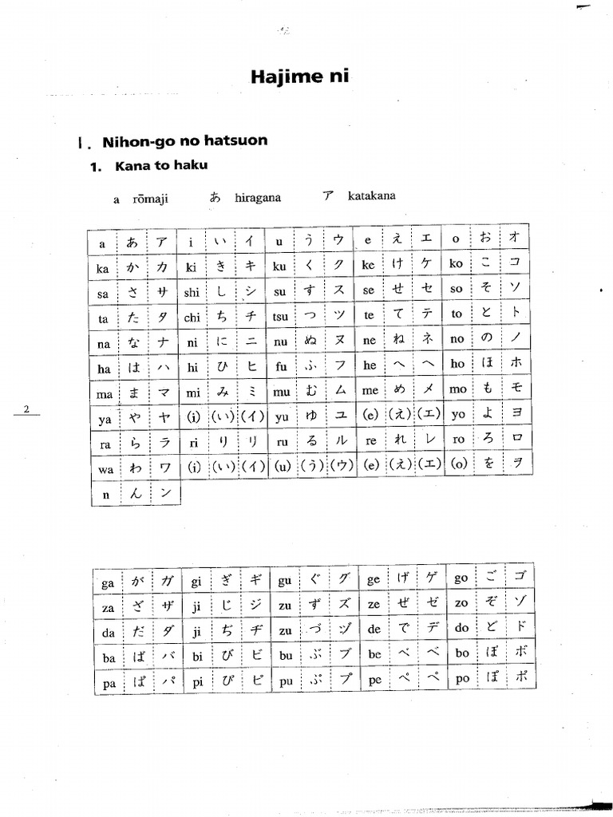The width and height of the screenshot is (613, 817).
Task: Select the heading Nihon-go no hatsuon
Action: pos(184,141)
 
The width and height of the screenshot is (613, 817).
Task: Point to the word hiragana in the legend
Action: pos(257,198)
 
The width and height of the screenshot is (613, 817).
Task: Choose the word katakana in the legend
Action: pos(371,195)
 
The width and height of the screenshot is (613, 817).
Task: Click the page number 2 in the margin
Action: pos(26,410)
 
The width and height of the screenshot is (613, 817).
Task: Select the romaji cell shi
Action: pos(192,293)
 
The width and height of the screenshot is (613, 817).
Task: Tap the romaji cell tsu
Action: pos(280,316)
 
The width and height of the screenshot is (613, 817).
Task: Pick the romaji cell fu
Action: pos(280,366)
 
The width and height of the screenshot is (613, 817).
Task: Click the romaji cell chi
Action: pos(192,318)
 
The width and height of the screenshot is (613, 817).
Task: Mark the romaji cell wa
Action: pos(105,470)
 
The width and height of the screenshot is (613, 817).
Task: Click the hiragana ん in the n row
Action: pos(136,494)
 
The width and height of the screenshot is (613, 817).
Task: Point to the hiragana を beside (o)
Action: pos(486,465)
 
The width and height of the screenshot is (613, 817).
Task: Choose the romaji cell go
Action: pos(461,578)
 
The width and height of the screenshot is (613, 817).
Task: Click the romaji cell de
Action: pos(373,630)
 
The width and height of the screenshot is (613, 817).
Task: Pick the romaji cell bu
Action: pos(285,657)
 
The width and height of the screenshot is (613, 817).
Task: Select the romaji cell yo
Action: pos(457,416)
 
